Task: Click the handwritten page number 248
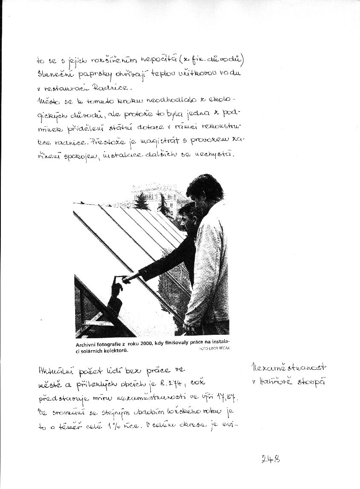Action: [x=271, y=460]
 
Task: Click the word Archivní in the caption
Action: [x=89, y=344]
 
